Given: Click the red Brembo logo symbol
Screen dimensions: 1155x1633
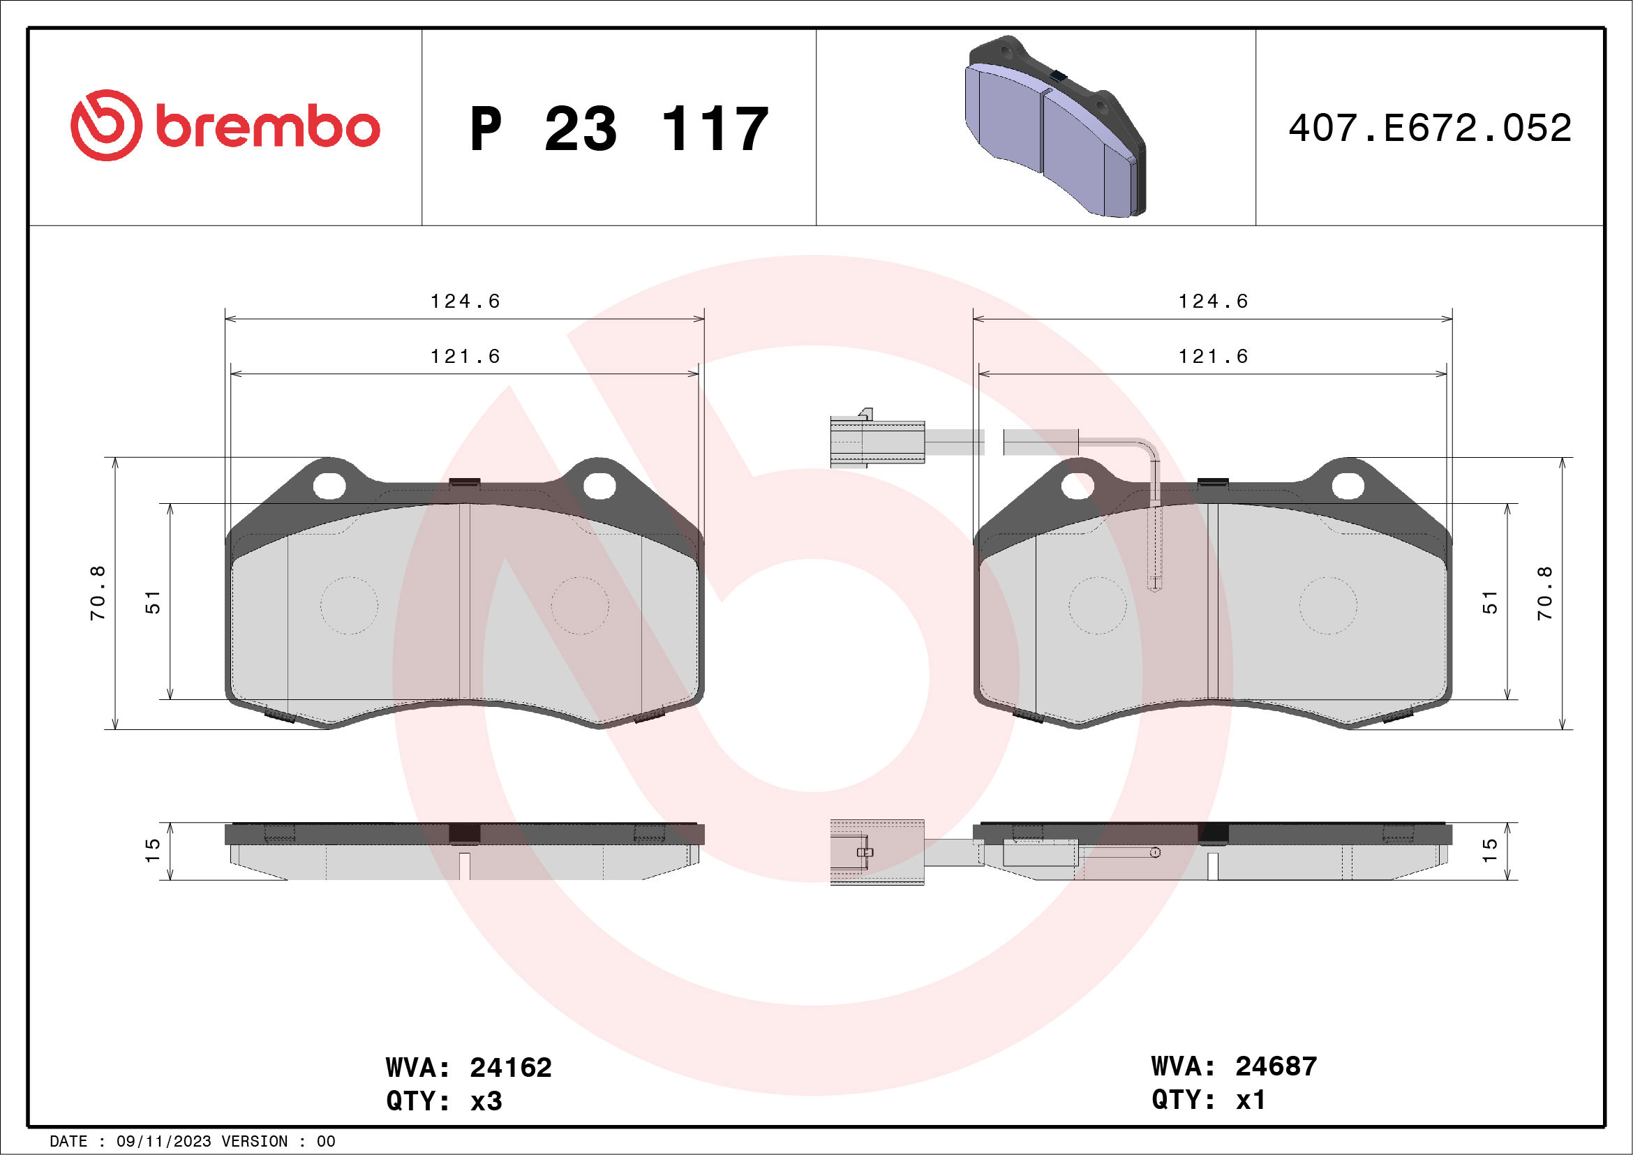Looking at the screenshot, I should (x=106, y=125).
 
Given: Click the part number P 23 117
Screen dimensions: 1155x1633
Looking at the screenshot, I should (x=619, y=128).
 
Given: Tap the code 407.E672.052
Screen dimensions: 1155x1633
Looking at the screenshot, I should (x=1430, y=128).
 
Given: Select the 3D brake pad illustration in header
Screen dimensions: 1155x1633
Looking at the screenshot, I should (x=1054, y=126).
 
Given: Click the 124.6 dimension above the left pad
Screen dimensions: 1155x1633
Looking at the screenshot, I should (x=465, y=301).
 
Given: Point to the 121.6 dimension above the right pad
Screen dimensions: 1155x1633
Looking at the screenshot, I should (x=1214, y=357).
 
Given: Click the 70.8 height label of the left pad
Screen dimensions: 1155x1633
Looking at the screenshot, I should (x=98, y=593).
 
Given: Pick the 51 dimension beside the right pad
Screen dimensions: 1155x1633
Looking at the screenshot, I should (x=1489, y=602).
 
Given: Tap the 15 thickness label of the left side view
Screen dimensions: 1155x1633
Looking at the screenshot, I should (x=153, y=851).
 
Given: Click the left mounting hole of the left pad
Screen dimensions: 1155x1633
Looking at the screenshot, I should (x=329, y=486).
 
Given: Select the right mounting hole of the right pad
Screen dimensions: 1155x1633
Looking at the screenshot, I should (x=1348, y=486).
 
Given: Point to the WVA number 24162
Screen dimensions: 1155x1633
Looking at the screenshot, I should (x=510, y=1068).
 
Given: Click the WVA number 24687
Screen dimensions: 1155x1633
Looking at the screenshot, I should (x=1276, y=1066).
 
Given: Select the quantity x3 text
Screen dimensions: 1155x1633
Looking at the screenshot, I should (x=486, y=1101).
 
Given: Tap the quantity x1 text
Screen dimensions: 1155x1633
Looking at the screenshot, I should (x=1251, y=1100).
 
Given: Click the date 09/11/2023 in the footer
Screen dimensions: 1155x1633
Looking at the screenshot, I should (x=163, y=1142).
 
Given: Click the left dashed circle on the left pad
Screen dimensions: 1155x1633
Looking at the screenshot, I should (x=348, y=605).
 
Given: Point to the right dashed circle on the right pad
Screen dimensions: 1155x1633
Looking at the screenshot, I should (x=1328, y=605).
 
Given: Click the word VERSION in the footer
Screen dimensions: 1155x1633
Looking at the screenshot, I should (x=255, y=1142).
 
